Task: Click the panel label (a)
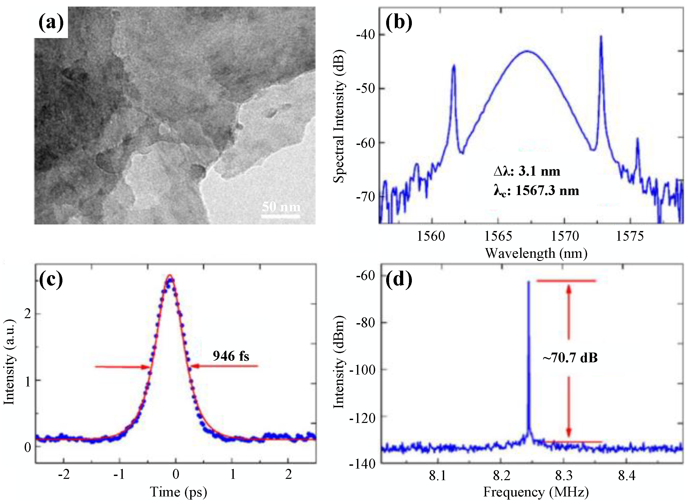(x=51, y=23)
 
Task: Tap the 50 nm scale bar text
(x=281, y=207)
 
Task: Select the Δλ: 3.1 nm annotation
(x=527, y=171)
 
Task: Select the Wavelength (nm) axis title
(x=536, y=253)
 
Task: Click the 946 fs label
(x=231, y=356)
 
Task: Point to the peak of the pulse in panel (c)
(x=170, y=276)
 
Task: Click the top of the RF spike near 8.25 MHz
(x=529, y=282)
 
